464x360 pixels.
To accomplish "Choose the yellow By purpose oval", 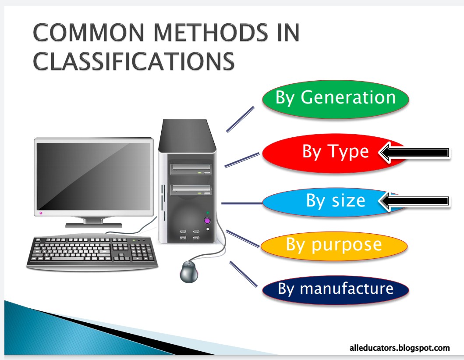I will (x=334, y=245).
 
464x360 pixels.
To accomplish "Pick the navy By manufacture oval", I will (x=336, y=289).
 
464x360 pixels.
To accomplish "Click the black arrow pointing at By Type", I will (x=414, y=153).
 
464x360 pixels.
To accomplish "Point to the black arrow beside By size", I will (x=414, y=201).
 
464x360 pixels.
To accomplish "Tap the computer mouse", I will (x=189, y=271).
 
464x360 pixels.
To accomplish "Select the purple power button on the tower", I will (x=207, y=220).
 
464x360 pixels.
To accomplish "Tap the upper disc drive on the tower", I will (x=191, y=168).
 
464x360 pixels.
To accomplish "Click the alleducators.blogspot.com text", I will (x=400, y=348).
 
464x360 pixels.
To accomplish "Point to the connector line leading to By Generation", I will (x=240, y=119).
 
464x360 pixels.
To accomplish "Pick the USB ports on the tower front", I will (x=189, y=235).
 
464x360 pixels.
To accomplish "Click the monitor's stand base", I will (x=93, y=225).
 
